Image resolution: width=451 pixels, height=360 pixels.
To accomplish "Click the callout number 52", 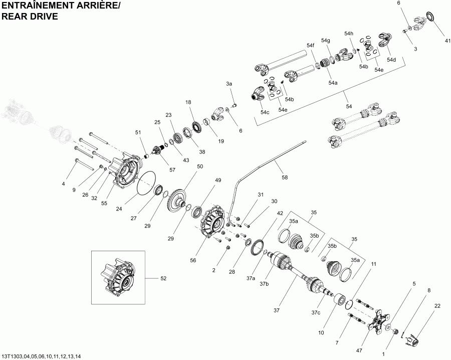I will pos(163,278).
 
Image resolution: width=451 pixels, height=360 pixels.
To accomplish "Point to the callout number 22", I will pos(437,306).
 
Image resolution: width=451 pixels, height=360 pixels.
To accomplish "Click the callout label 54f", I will pos(310,46).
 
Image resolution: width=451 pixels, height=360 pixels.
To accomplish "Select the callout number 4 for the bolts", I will pos(64,184).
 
